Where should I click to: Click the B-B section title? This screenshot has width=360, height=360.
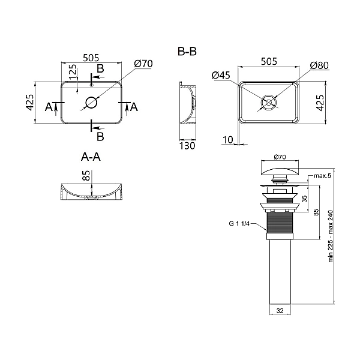(x=187, y=52)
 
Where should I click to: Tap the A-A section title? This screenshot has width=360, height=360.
(x=90, y=157)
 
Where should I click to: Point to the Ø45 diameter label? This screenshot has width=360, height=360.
(x=221, y=75)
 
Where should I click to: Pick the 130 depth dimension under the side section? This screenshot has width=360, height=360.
(x=188, y=145)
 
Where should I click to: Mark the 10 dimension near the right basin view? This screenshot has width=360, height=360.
(x=227, y=140)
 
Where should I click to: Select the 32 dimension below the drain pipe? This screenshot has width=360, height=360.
(x=280, y=310)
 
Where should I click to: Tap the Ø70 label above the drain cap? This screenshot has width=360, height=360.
(x=280, y=157)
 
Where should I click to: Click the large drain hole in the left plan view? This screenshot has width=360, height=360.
(x=92, y=103)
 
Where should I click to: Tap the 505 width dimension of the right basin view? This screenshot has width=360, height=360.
(x=269, y=60)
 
